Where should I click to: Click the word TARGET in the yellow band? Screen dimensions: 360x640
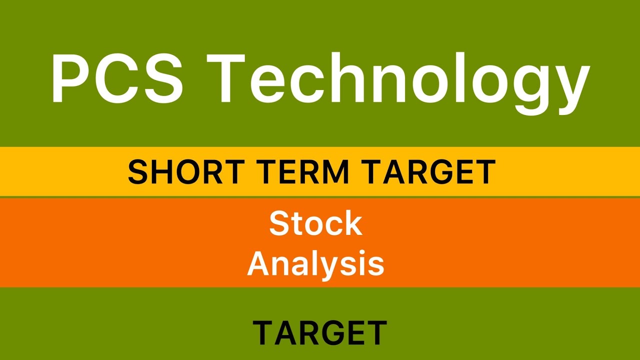[x=429, y=172]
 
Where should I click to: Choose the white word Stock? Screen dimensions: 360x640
[x=315, y=223]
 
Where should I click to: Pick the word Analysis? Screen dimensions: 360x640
[x=315, y=263]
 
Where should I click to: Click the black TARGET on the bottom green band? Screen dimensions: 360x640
[x=320, y=332]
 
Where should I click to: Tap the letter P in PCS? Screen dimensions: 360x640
[x=71, y=79]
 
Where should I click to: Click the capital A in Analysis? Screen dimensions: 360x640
[x=260, y=263]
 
